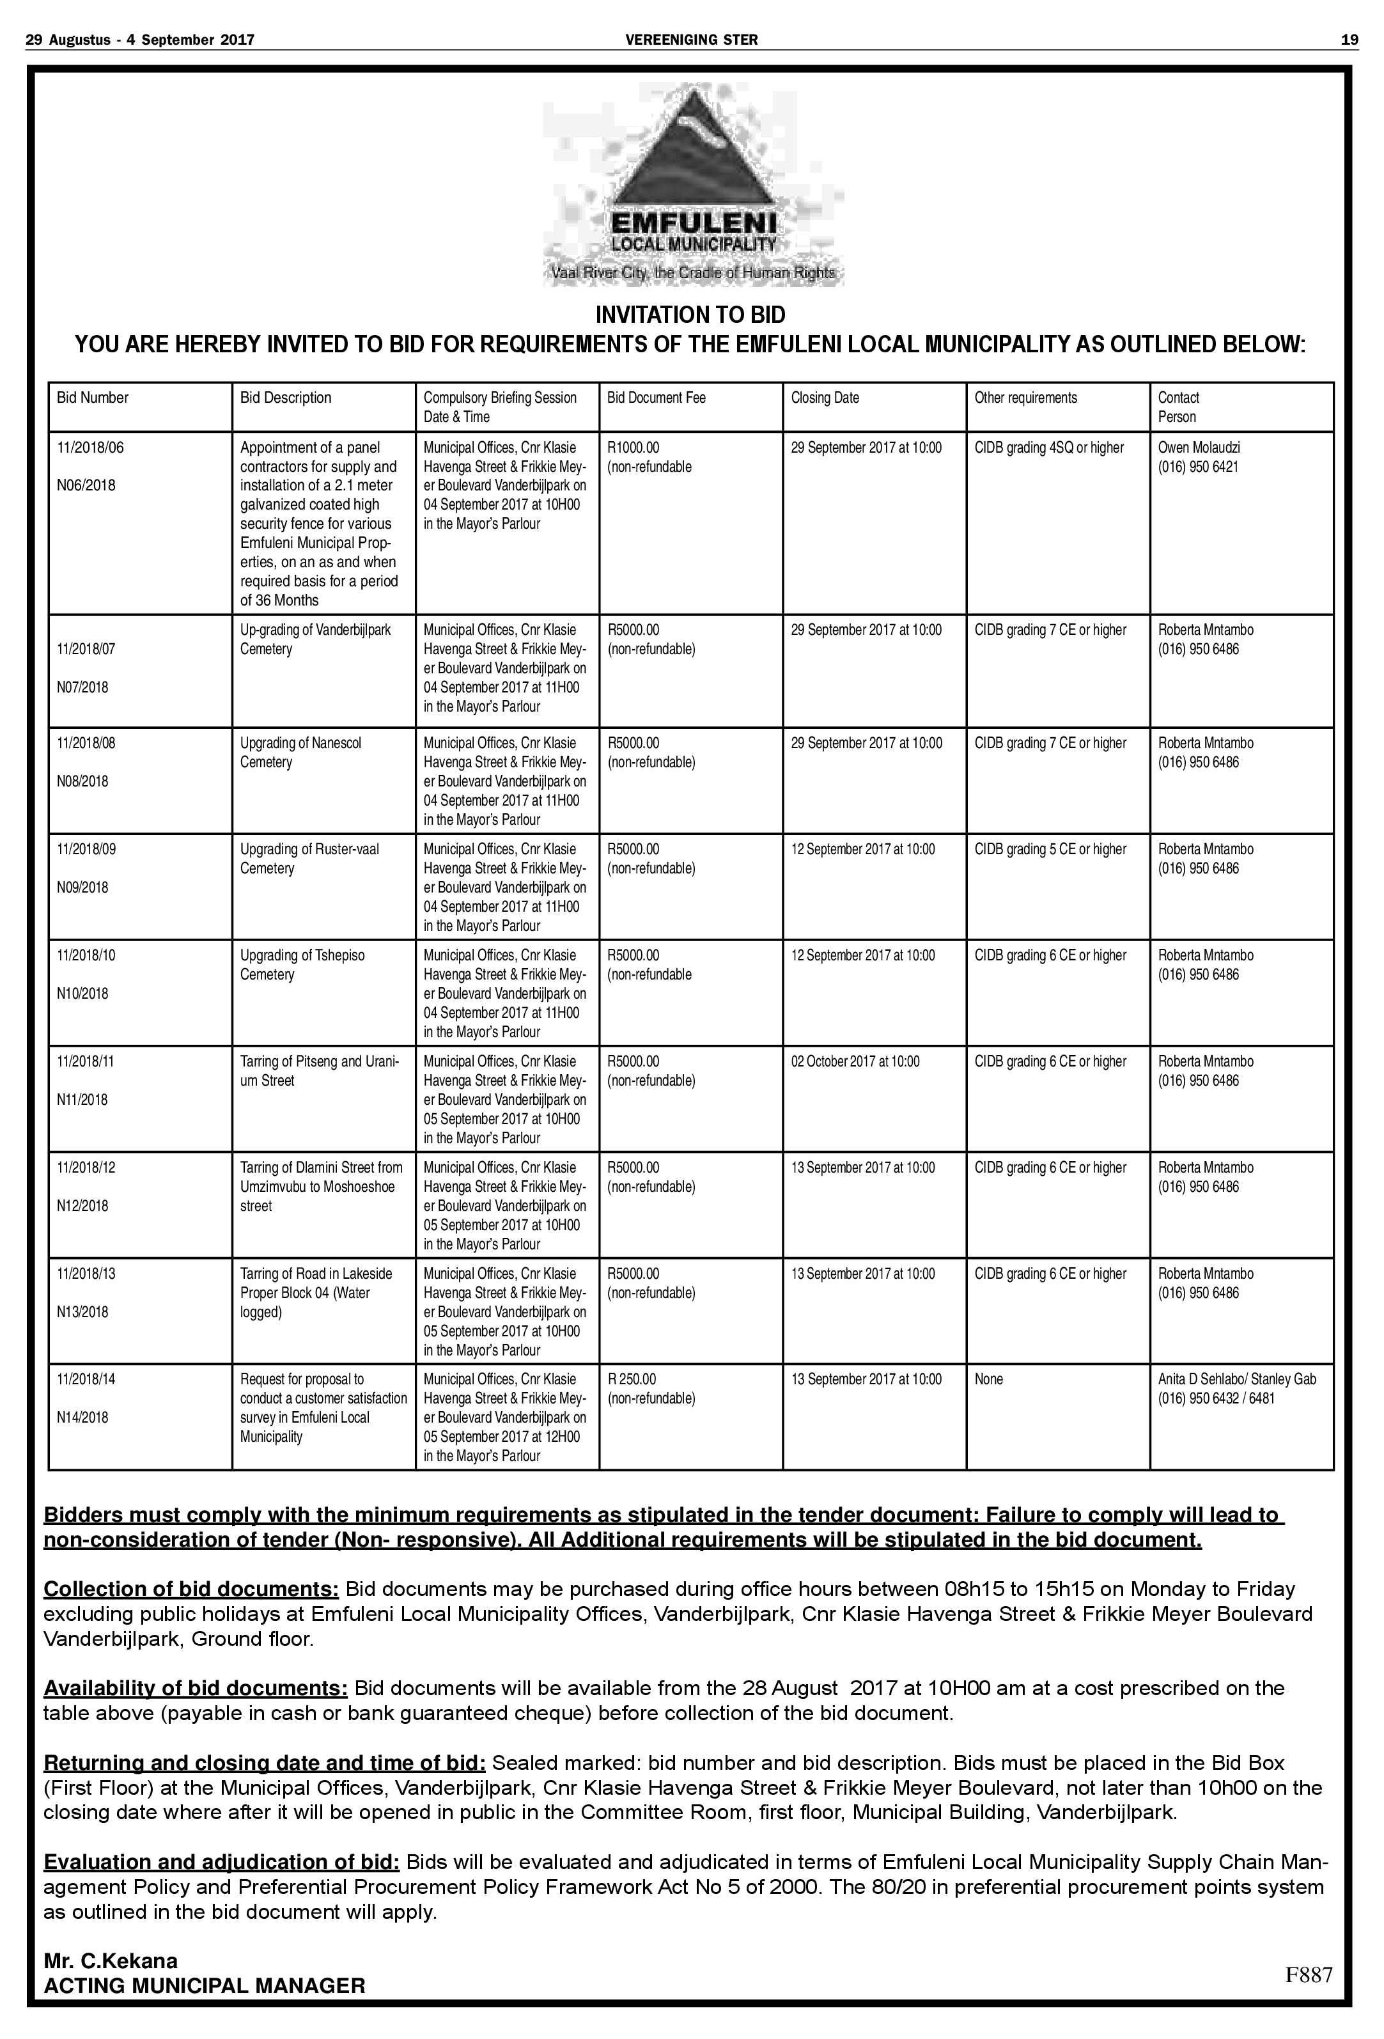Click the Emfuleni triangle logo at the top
693,158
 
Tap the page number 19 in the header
1349,40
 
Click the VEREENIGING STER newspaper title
691,40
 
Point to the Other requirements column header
1025,398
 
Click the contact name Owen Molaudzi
1198,448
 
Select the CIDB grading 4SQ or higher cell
1048,448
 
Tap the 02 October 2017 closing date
855,1061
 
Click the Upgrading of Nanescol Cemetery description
300,752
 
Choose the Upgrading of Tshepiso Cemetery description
302,964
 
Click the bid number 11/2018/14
86,1379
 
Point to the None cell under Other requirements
988,1379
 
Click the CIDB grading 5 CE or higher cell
1050,849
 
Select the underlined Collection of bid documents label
191,1589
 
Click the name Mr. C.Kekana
111,1961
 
